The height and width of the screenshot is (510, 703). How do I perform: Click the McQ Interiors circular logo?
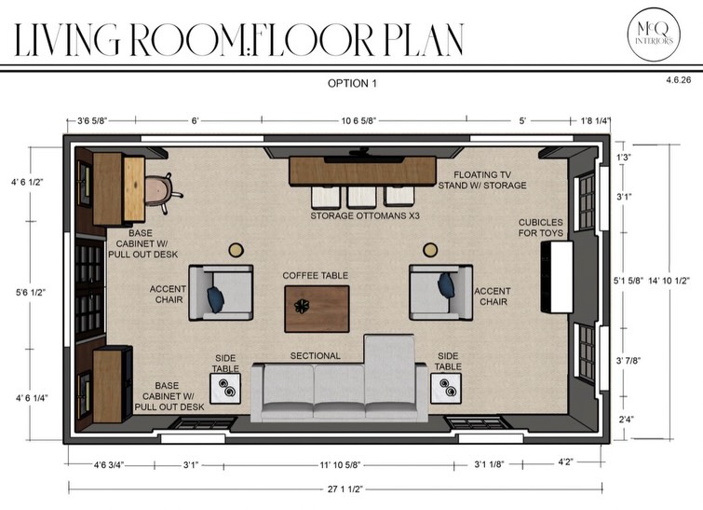click(x=654, y=34)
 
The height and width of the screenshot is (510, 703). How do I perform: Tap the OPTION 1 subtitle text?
click(x=352, y=84)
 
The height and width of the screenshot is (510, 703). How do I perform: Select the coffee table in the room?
click(x=317, y=309)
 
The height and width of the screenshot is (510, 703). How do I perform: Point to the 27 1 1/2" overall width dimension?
click(x=345, y=489)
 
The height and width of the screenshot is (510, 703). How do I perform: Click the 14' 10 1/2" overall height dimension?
click(x=669, y=281)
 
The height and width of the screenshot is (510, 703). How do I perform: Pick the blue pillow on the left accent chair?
click(x=215, y=299)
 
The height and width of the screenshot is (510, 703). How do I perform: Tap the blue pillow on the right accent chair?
click(x=446, y=285)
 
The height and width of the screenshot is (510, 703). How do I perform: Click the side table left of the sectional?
click(x=225, y=388)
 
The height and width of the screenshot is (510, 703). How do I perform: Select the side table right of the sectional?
click(x=446, y=388)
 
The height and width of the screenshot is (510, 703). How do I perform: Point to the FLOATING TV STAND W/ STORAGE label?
click(x=482, y=180)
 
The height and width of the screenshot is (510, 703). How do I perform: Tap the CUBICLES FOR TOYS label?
click(x=541, y=227)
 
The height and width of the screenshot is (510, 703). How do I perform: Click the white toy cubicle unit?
click(x=557, y=277)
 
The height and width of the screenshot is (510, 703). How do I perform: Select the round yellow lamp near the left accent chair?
click(x=237, y=250)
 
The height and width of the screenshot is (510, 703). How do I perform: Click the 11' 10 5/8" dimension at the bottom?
click(x=340, y=464)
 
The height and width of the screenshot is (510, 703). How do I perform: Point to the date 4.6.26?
click(x=679, y=80)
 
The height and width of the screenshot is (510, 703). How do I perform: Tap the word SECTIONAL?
click(x=315, y=356)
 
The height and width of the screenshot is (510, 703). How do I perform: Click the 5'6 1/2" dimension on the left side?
click(x=31, y=293)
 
